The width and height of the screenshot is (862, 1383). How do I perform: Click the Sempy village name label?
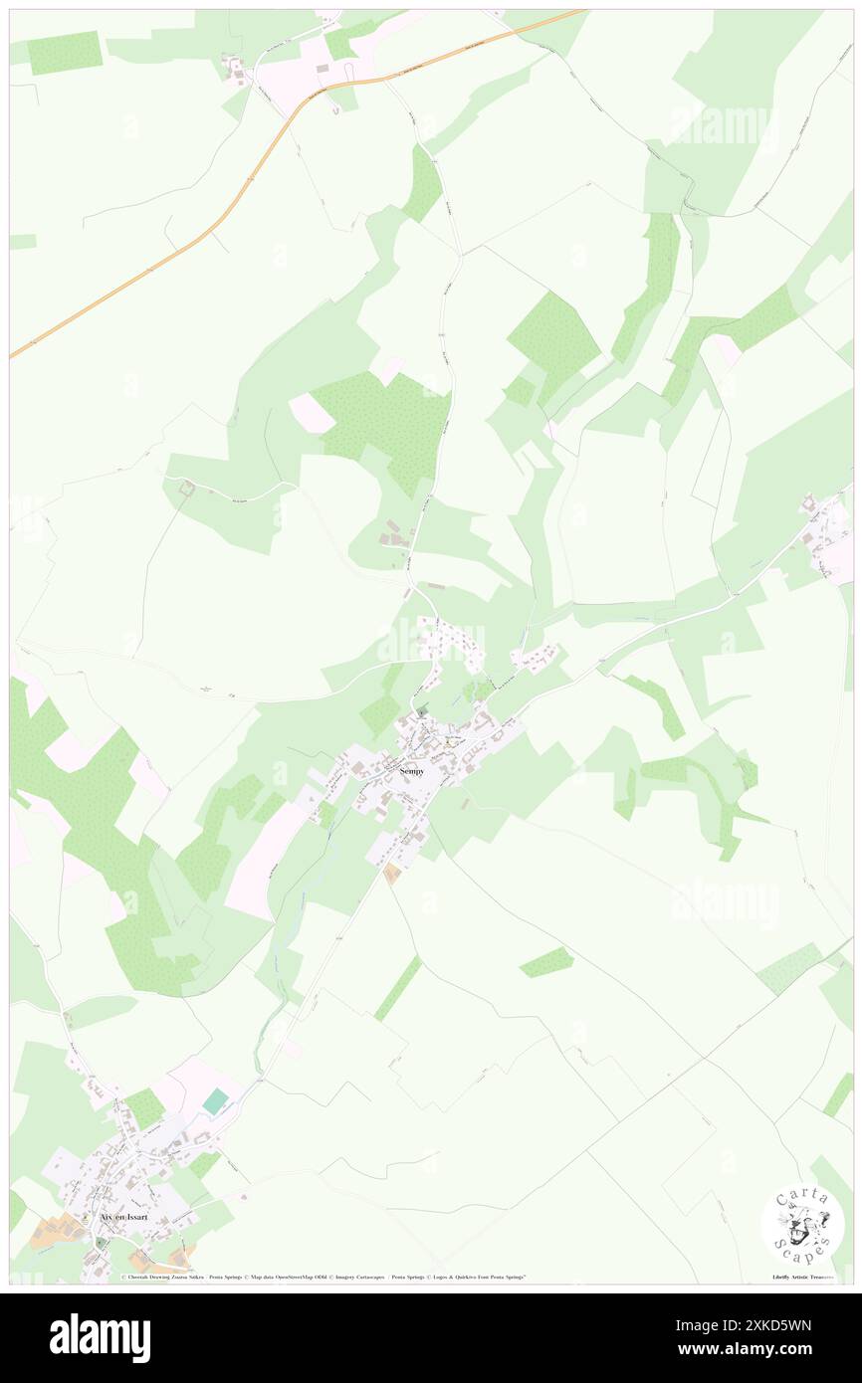click(411, 771)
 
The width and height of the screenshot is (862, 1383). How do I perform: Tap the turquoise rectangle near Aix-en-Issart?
click(216, 1101)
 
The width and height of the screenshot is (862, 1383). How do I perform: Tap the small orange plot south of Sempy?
click(392, 874)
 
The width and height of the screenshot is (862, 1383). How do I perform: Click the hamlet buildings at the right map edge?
click(826, 537)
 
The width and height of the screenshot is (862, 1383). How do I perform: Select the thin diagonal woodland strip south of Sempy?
click(398, 988)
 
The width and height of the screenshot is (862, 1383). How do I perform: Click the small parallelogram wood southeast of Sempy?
click(546, 961)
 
